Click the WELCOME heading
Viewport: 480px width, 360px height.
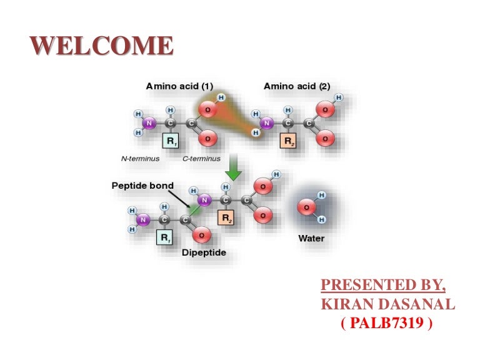click(x=102, y=46)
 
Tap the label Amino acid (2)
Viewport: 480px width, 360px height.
click(x=297, y=86)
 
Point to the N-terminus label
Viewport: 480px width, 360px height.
click(x=141, y=159)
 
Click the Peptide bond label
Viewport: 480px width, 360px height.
click(x=142, y=186)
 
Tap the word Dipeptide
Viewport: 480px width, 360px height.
click(x=204, y=252)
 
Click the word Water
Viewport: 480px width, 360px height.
click(x=311, y=238)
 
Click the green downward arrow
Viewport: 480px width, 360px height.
click(x=233, y=169)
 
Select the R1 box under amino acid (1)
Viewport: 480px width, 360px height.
click(x=171, y=141)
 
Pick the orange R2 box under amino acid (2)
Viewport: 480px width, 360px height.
click(x=287, y=141)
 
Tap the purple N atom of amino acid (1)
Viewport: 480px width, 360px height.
click(x=149, y=123)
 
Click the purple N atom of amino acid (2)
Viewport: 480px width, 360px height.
click(x=267, y=123)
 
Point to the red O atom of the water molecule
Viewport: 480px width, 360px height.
click(x=307, y=207)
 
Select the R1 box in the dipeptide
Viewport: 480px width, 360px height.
click(x=165, y=238)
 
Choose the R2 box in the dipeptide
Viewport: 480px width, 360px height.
click(x=226, y=217)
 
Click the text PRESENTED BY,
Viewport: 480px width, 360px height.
click(x=383, y=286)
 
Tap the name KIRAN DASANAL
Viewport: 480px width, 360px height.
click(x=387, y=305)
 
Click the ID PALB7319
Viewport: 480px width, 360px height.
click(x=387, y=324)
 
